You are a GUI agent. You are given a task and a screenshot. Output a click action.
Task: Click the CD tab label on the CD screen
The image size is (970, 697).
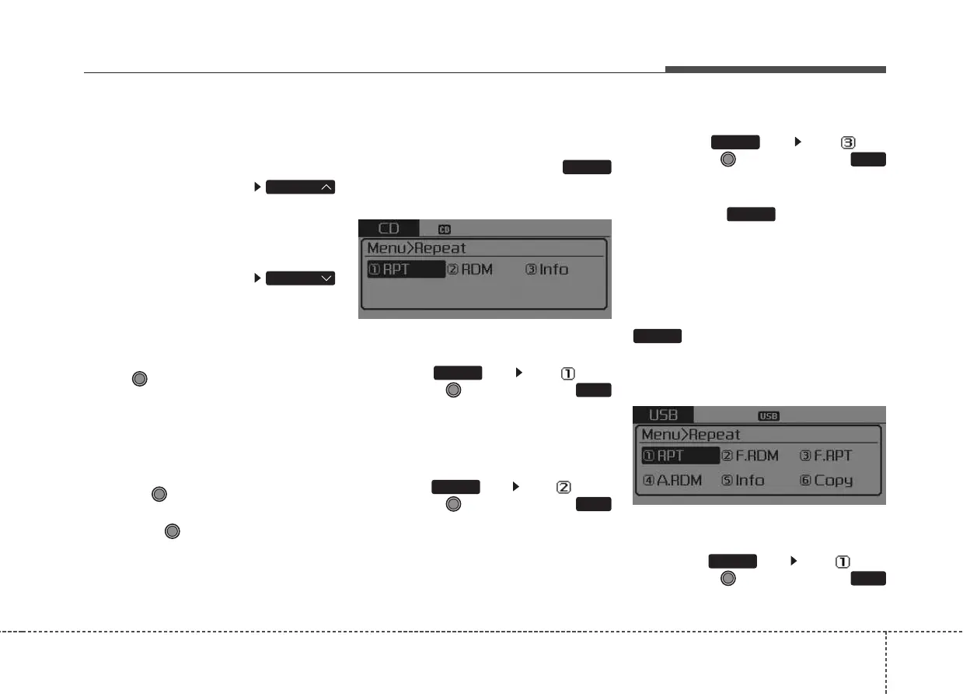click(388, 229)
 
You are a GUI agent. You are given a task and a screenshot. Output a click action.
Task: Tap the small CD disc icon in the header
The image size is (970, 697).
click(445, 229)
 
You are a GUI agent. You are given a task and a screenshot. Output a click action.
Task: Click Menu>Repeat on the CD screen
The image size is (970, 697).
click(417, 248)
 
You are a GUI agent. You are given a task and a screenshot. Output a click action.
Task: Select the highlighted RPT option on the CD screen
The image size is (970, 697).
click(406, 270)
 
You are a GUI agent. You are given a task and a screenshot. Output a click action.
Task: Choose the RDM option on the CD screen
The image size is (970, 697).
click(469, 270)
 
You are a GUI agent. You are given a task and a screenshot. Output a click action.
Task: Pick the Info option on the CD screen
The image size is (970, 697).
click(547, 270)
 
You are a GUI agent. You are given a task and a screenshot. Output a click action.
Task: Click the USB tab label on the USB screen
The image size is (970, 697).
click(663, 415)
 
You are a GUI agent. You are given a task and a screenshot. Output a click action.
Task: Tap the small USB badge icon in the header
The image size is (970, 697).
click(769, 416)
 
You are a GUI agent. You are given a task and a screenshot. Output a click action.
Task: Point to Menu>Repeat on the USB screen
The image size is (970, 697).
click(691, 435)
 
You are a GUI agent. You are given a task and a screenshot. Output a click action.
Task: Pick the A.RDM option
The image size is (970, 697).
click(673, 481)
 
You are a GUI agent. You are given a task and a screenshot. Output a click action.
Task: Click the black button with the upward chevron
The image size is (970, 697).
click(301, 187)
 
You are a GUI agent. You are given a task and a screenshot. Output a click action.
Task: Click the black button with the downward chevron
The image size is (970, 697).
click(301, 278)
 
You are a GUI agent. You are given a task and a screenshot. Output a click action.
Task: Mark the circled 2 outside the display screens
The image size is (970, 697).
click(564, 488)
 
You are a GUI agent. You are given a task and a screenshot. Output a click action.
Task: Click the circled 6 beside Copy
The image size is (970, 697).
click(805, 481)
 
